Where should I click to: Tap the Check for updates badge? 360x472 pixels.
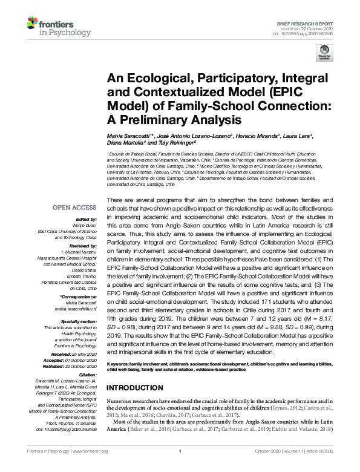pyautogui.click(x=325, y=54)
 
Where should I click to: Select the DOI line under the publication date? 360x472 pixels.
pyautogui.click(x=304, y=33)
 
